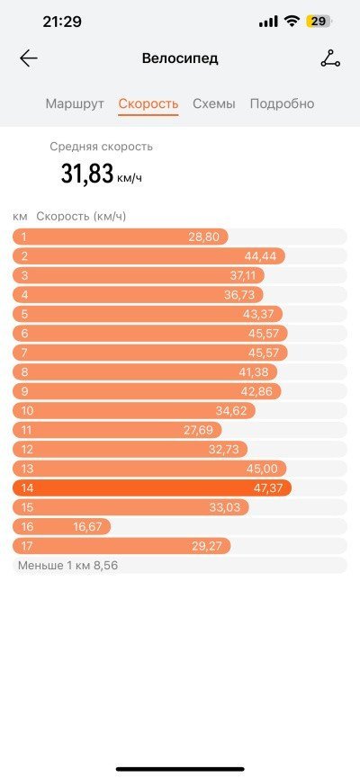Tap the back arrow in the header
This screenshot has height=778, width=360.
[x=28, y=58]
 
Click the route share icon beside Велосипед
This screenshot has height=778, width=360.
[x=330, y=58]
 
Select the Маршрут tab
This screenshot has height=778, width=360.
[x=75, y=104]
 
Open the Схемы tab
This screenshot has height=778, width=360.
[x=214, y=103]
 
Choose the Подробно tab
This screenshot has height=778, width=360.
[x=282, y=104]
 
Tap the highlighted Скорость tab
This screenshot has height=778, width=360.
[x=148, y=104]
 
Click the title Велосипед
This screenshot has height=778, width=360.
[x=180, y=58]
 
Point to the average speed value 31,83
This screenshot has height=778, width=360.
[x=87, y=174]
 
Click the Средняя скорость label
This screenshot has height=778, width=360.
[x=102, y=147]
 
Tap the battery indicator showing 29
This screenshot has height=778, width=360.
[x=319, y=22]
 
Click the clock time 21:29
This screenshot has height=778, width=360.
[x=62, y=22]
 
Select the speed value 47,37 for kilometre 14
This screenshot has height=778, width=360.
[x=268, y=488]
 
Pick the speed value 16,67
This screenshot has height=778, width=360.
[x=87, y=527]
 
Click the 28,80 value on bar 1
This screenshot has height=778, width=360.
[x=203, y=237]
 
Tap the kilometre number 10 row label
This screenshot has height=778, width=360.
[x=27, y=411]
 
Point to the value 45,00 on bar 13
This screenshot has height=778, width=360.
[x=263, y=469]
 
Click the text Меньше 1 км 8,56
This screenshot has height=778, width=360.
[x=68, y=565]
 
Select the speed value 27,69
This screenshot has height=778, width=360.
[x=198, y=430]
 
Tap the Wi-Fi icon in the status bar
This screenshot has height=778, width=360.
[x=292, y=22]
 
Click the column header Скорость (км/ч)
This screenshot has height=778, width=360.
[x=81, y=217]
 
